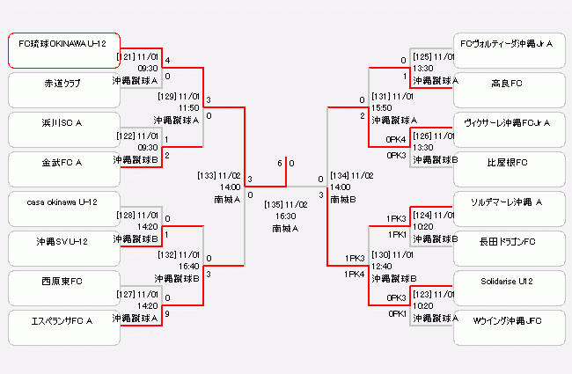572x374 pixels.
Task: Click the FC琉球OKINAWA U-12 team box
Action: coord(63,51)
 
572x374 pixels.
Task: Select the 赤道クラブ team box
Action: coord(63,90)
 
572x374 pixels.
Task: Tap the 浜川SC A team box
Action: coord(63,129)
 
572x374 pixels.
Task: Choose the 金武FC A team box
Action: coord(63,169)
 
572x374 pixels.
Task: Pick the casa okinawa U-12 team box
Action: coord(63,209)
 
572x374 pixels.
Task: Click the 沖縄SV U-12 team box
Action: coord(63,248)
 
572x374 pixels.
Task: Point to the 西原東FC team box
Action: coord(63,288)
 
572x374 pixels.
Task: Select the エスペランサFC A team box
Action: coord(63,327)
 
